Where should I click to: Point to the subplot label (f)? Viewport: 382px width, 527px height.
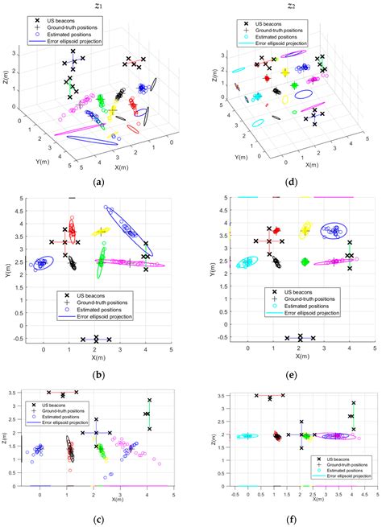(x=288, y=519)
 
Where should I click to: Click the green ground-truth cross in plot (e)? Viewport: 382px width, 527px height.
(x=304, y=261)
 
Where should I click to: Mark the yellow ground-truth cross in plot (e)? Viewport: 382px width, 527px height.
(x=304, y=231)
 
